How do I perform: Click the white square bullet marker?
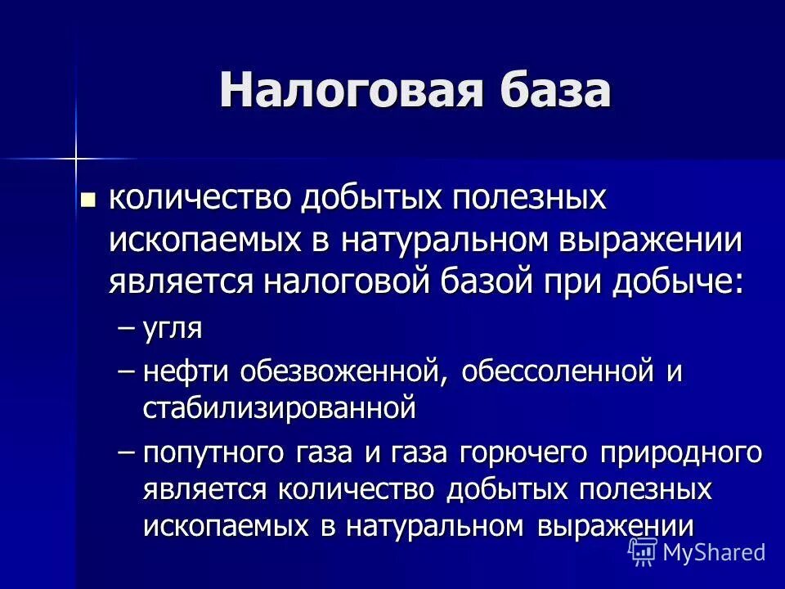pos(88,199)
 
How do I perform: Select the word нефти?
pos(185,372)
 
